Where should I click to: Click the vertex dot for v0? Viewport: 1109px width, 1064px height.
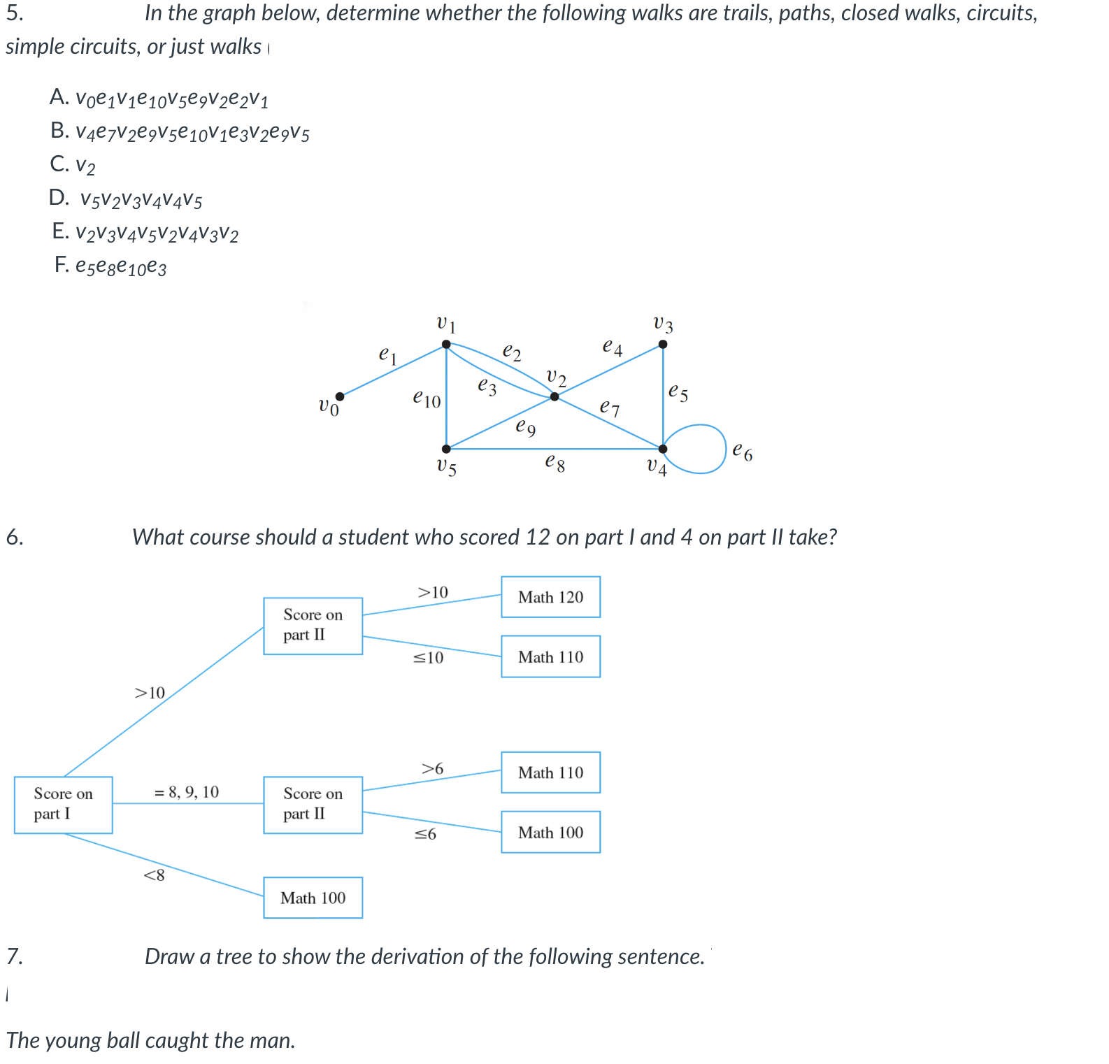pyautogui.click(x=340, y=396)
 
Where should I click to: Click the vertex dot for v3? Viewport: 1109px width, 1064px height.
pyautogui.click(x=663, y=344)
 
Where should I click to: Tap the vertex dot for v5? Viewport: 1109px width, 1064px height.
pyautogui.click(x=446, y=449)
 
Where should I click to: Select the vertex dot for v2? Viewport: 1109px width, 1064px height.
pyautogui.click(x=554, y=396)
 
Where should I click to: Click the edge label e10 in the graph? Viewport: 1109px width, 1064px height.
pyautogui.click(x=427, y=399)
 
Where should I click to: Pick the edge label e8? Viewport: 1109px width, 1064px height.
pyautogui.click(x=554, y=463)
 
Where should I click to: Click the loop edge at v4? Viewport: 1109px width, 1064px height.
pyautogui.click(x=726, y=449)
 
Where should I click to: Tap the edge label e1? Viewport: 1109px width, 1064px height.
pyautogui.click(x=387, y=355)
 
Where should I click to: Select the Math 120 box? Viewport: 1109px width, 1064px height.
pyautogui.click(x=550, y=597)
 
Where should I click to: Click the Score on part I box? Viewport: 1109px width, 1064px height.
pyautogui.click(x=63, y=805)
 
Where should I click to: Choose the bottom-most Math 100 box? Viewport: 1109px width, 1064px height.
pyautogui.click(x=313, y=898)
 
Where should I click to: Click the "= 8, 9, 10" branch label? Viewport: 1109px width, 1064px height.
pyautogui.click(x=186, y=792)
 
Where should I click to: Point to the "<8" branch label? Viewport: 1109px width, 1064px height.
pyautogui.click(x=154, y=875)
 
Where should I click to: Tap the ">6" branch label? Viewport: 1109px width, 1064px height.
pyautogui.click(x=432, y=768)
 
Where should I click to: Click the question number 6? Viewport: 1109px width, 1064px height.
pyautogui.click(x=15, y=537)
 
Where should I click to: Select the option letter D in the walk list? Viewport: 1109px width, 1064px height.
pyautogui.click(x=59, y=198)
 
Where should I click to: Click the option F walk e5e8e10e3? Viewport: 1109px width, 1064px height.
pyautogui.click(x=120, y=266)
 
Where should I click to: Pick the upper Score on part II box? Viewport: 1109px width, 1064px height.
pyautogui.click(x=313, y=626)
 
